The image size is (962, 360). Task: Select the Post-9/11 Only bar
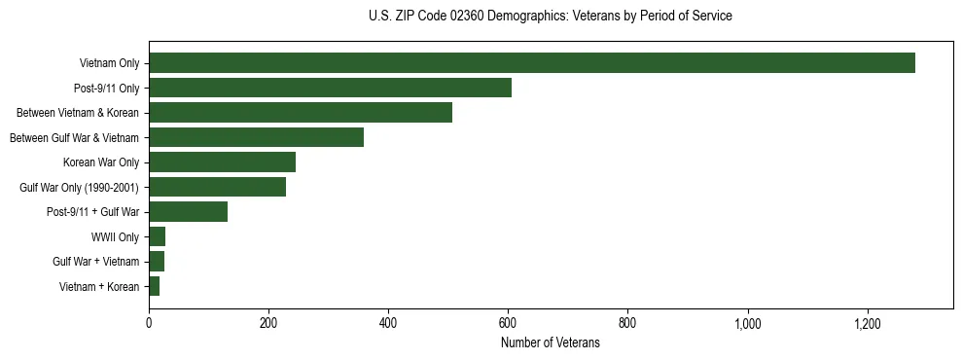pos(330,88)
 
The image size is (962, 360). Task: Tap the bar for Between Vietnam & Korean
pos(301,113)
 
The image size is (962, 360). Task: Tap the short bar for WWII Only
pos(157,236)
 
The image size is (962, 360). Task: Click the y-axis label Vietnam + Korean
pos(98,287)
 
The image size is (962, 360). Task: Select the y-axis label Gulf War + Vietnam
pos(95,262)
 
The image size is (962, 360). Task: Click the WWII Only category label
pos(115,236)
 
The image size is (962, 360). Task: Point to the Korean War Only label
pos(101,162)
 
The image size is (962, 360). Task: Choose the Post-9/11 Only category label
pos(106,88)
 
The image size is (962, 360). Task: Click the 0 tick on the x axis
pos(149,324)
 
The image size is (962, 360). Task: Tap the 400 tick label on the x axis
pos(388,324)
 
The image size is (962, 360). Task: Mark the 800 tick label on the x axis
pos(627,324)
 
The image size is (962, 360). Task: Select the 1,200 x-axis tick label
pos(867,324)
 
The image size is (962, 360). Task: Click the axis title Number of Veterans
pos(550,342)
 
